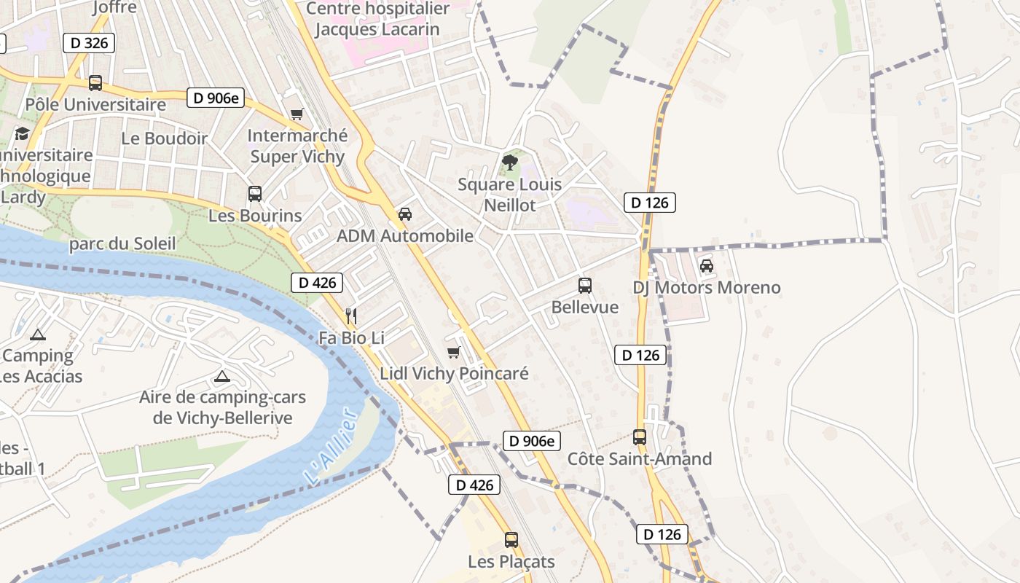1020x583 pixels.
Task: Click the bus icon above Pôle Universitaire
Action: click(x=95, y=83)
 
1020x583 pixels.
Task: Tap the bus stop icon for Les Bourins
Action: click(x=254, y=194)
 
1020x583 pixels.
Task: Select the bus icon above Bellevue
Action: click(x=584, y=285)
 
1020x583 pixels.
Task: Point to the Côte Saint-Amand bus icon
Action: click(x=639, y=437)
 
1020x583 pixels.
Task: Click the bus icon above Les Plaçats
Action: click(x=511, y=540)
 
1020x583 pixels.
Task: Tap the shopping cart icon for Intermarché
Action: click(x=297, y=114)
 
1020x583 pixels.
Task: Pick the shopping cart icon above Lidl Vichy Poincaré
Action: click(x=453, y=353)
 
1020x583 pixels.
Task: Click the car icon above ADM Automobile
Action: click(x=405, y=214)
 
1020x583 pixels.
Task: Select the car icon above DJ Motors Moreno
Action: click(x=706, y=266)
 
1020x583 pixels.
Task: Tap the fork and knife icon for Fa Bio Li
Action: click(x=351, y=316)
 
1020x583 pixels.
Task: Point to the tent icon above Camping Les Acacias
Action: click(x=38, y=334)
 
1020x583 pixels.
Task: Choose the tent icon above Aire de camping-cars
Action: click(x=222, y=377)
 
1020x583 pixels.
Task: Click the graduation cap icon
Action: click(x=22, y=134)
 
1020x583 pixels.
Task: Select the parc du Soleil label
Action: click(x=122, y=243)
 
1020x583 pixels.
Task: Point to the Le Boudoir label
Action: click(x=164, y=138)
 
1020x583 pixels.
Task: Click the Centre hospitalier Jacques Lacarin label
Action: click(x=377, y=19)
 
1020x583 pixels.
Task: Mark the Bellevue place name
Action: click(x=584, y=307)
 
